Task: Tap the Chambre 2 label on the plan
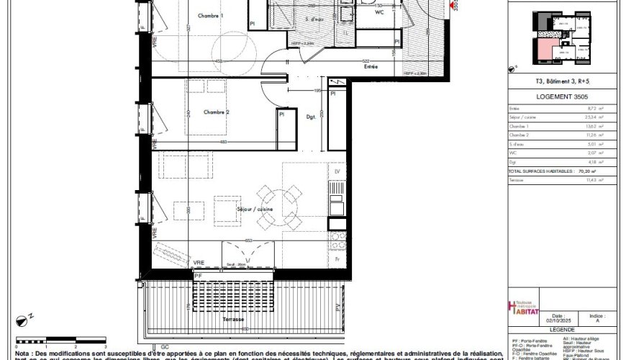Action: coord(216,112)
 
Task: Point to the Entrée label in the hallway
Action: coord(371,66)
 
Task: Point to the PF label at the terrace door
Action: coord(198,276)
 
